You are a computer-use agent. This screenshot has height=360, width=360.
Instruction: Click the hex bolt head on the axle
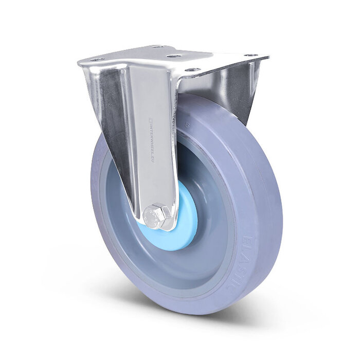point(158,216)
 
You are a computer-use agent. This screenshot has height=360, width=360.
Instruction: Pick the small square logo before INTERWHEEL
point(151,121)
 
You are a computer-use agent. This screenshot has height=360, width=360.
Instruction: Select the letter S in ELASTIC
point(245,267)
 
